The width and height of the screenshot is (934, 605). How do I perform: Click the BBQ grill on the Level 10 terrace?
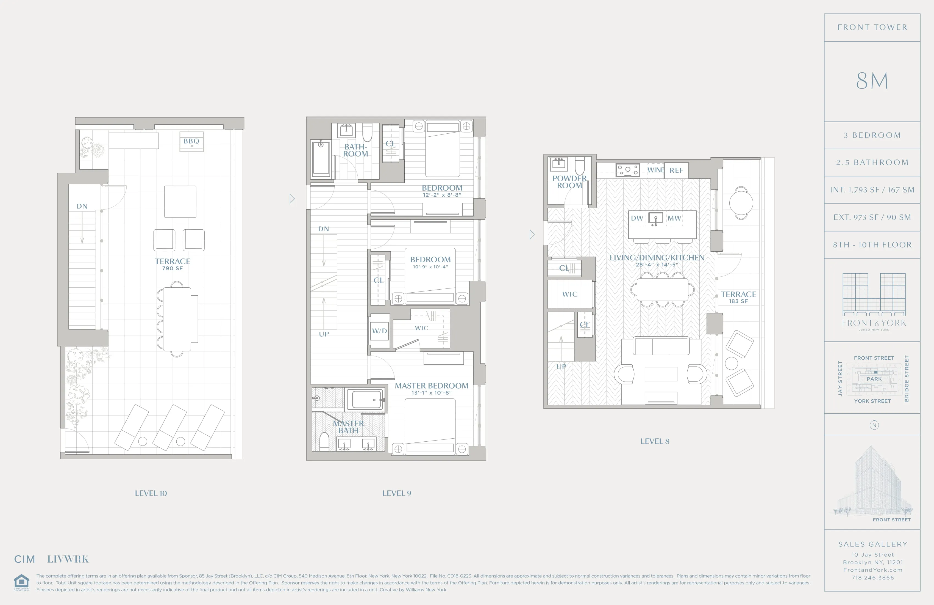click(x=191, y=142)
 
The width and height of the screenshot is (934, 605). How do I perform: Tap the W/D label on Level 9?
click(x=379, y=331)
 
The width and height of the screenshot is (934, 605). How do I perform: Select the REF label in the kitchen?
click(x=676, y=170)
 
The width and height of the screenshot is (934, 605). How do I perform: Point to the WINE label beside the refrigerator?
click(x=655, y=170)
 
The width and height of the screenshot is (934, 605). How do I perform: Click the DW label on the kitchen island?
click(x=637, y=218)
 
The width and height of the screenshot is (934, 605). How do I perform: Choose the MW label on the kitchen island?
click(x=674, y=218)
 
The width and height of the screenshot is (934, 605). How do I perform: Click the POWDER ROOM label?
click(x=569, y=182)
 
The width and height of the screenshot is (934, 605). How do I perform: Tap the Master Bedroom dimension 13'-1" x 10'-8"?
click(x=431, y=392)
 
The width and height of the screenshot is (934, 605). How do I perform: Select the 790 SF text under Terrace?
click(x=172, y=268)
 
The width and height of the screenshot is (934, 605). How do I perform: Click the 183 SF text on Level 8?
click(x=738, y=301)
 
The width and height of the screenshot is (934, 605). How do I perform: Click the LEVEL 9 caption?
click(x=397, y=493)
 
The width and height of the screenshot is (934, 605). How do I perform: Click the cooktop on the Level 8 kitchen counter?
click(x=627, y=170)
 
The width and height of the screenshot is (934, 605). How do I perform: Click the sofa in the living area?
click(x=661, y=346)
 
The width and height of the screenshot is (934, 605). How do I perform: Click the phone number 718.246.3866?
click(x=872, y=577)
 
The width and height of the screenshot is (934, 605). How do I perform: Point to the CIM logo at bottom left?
click(x=25, y=559)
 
